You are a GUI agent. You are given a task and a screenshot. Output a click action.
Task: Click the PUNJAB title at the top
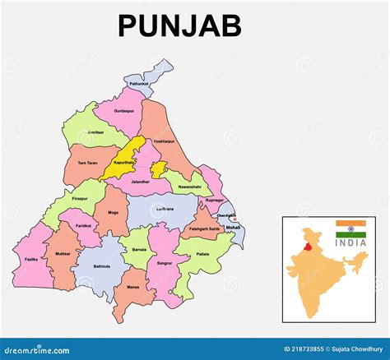(x=179, y=25)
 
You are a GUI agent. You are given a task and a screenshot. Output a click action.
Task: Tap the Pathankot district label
(x=139, y=83)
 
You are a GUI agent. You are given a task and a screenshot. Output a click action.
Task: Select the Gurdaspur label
(x=124, y=109)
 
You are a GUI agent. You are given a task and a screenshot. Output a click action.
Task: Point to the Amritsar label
(x=96, y=132)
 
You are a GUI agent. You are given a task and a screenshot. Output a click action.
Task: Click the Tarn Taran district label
(x=88, y=162)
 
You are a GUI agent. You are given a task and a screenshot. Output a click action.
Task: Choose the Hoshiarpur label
(x=164, y=141)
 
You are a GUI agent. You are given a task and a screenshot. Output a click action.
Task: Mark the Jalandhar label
(x=140, y=182)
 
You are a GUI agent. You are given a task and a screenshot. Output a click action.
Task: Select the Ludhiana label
(x=165, y=209)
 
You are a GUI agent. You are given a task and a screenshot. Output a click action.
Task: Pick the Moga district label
(x=112, y=212)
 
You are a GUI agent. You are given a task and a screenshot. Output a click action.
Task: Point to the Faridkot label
(x=82, y=224)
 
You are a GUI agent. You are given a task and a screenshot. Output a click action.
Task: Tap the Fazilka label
(x=31, y=259)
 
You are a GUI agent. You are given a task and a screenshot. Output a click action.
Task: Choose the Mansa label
(x=133, y=286)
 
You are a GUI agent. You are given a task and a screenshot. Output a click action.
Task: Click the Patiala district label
(x=202, y=255)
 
